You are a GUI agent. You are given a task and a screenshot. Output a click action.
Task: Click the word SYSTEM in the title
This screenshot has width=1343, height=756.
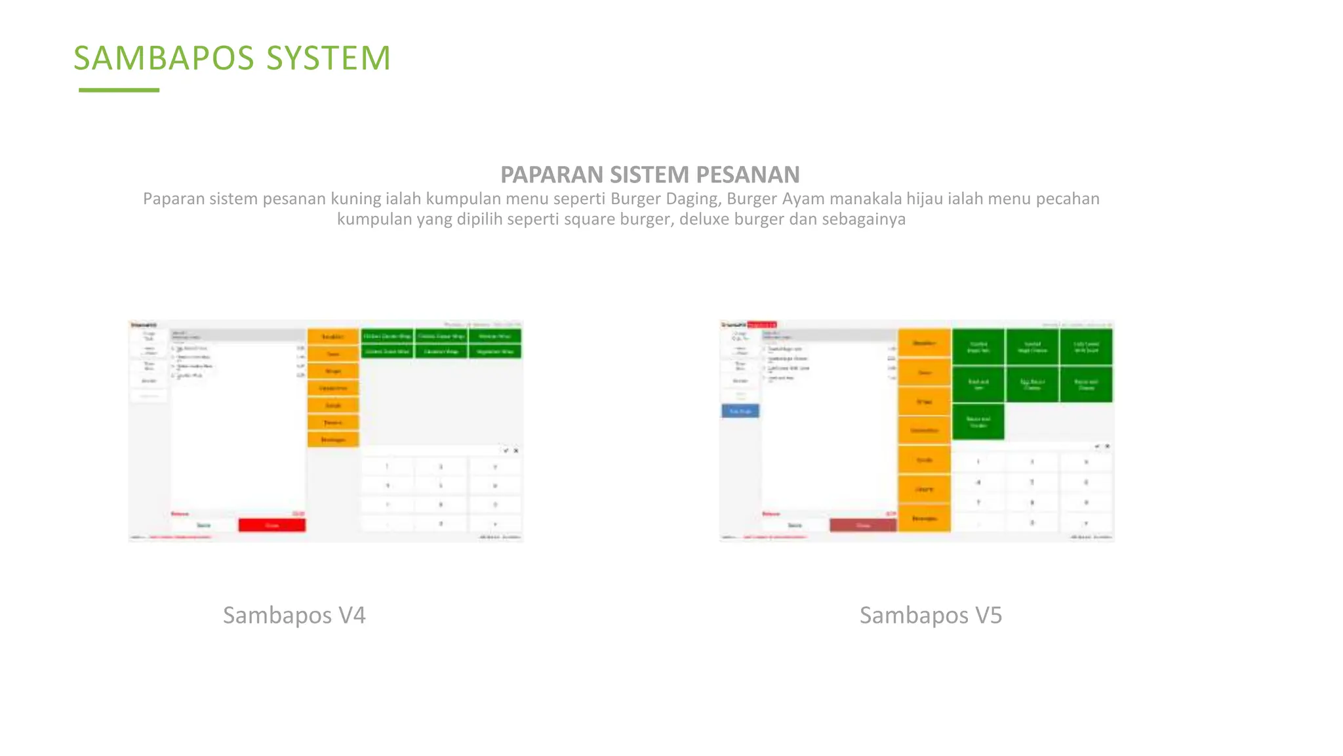point(329,58)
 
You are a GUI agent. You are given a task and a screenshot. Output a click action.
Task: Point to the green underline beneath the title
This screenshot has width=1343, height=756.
point(119,90)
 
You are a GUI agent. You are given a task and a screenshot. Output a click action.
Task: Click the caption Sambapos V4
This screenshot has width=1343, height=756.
point(294,616)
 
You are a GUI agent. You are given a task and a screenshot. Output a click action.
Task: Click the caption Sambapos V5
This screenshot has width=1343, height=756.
point(931,616)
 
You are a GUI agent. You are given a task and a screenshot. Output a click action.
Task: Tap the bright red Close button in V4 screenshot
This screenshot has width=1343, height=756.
point(271,525)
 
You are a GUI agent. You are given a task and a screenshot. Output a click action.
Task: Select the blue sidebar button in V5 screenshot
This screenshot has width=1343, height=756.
point(740,411)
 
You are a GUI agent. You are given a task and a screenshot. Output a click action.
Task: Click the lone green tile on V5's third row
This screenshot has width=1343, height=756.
point(978,422)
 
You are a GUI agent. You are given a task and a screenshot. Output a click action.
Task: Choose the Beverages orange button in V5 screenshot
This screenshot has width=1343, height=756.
point(924,518)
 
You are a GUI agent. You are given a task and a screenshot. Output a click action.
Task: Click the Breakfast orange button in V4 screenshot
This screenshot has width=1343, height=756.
point(333,337)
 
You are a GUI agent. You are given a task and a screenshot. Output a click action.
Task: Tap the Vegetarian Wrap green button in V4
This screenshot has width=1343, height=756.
point(495,352)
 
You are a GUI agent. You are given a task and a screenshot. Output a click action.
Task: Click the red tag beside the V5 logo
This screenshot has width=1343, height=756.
point(762,325)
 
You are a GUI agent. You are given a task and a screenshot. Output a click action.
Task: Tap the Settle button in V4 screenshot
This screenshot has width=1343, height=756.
point(204,525)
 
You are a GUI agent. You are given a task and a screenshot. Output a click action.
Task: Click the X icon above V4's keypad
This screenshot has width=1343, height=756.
point(516,451)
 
